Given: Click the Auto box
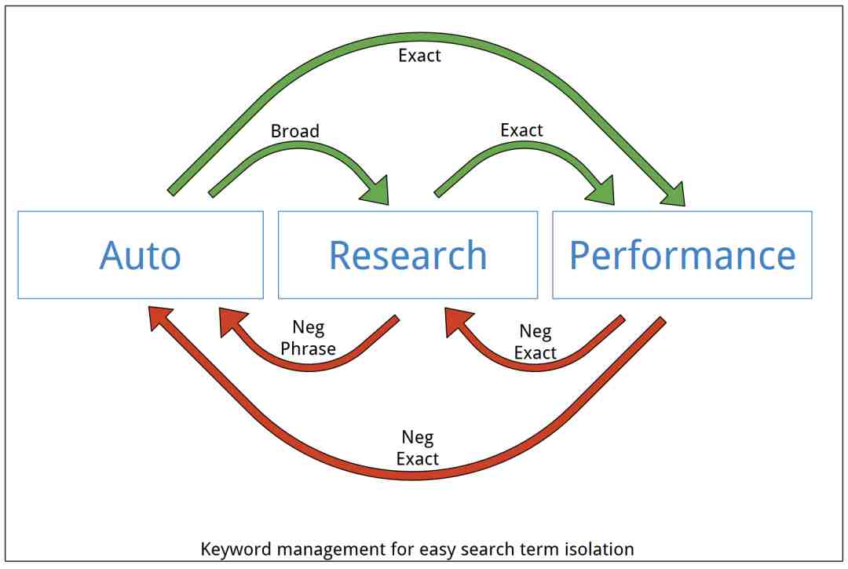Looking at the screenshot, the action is pos(141,254).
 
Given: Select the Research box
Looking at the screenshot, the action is pos(408,254).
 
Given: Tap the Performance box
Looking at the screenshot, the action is pos(682,254).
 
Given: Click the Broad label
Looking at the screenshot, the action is pos(294,131).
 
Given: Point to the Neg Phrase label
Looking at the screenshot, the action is pos(309,337).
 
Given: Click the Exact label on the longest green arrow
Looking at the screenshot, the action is pos(419,56).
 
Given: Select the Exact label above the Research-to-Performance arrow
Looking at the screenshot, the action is pos(521,130).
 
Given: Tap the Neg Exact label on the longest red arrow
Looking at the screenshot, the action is pos(418,448).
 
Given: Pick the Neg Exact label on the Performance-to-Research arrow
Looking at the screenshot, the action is pos(535,342).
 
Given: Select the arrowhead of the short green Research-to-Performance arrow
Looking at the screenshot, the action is pos(602,190).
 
